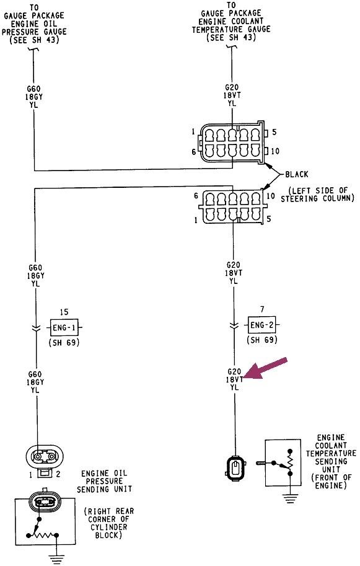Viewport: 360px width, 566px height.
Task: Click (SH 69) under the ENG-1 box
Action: (65, 342)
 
